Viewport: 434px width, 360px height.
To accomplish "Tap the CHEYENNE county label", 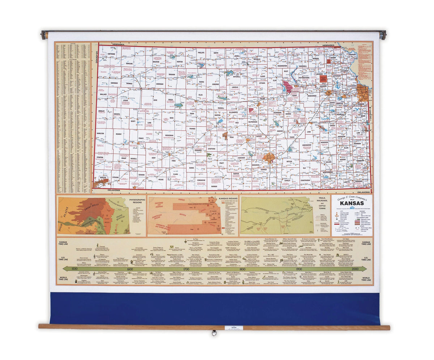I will (111, 54).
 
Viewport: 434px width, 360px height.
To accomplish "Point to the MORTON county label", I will (103, 178).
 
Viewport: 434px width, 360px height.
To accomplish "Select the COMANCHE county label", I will (201, 180).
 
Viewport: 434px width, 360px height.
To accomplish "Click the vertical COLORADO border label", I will (97, 56).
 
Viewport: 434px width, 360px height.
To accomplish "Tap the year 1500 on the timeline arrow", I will (75, 269).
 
